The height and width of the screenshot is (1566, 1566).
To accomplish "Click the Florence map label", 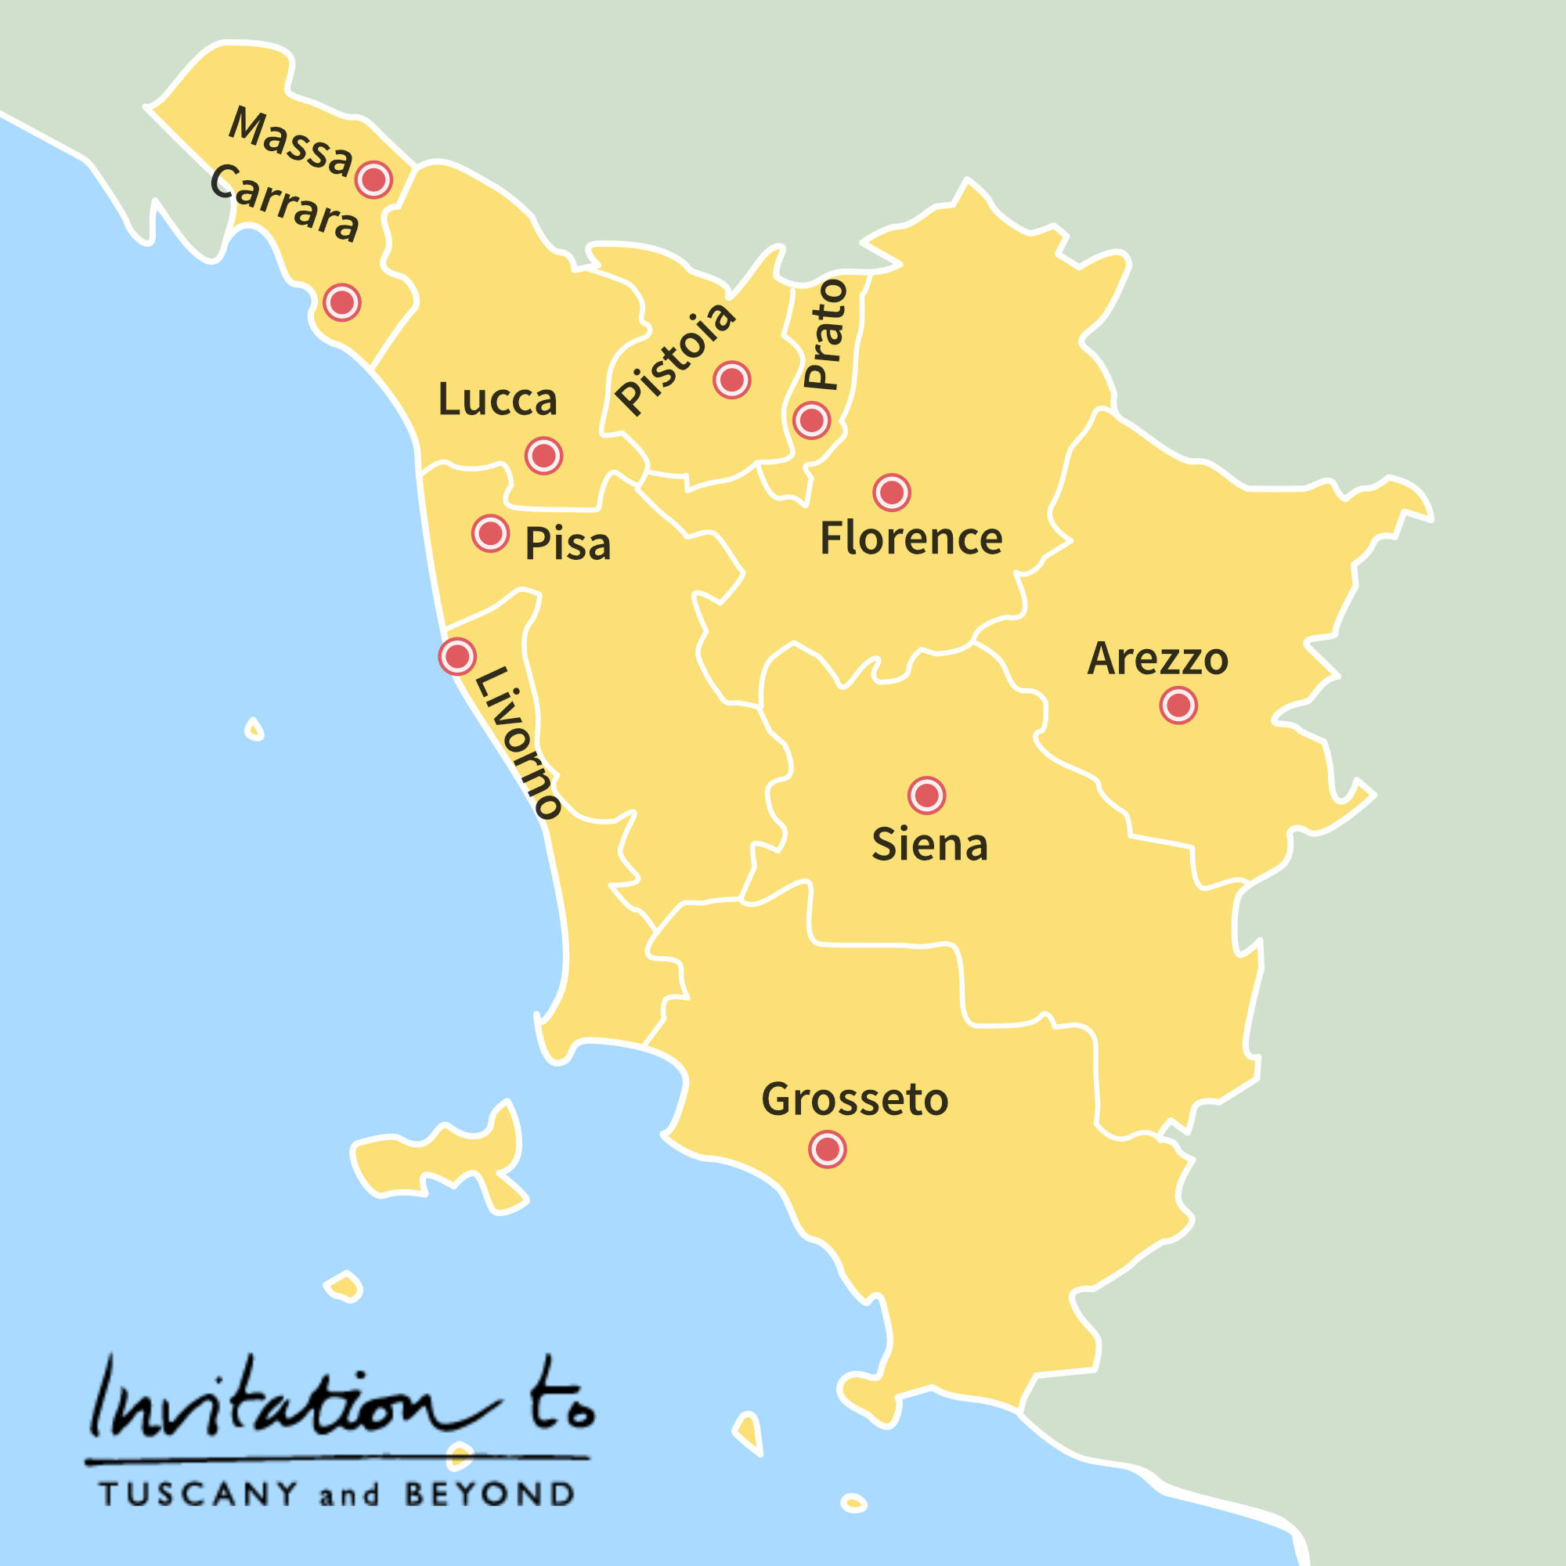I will tap(911, 539).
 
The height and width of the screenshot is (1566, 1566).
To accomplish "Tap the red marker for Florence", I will tap(892, 492).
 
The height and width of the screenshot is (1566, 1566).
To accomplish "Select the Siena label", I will tap(929, 845).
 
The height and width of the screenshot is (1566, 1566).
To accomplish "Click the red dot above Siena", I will tap(926, 796).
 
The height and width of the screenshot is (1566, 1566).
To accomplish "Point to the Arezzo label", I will tap(1157, 659).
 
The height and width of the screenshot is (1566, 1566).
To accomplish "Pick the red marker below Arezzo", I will tap(1178, 705).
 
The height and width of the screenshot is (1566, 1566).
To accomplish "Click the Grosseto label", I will tap(855, 1100).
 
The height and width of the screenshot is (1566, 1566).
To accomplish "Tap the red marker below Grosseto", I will tap(828, 1149).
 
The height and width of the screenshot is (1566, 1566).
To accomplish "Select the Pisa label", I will tap(568, 544).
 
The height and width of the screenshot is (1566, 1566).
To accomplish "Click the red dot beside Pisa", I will tap(490, 533).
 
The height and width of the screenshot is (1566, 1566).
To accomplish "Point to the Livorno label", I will tap(517, 742).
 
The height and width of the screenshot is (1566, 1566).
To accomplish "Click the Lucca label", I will tap(498, 399).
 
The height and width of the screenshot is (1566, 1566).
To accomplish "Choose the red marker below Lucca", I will tap(544, 456).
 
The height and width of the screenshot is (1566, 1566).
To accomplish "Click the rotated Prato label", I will tap(825, 334).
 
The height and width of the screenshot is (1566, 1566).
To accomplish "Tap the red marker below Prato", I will tap(811, 420).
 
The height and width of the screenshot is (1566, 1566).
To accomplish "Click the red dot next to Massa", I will tap(373, 179).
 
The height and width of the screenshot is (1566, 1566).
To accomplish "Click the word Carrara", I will tap(284, 204).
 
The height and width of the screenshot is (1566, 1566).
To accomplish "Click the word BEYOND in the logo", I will tap(489, 1494).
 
